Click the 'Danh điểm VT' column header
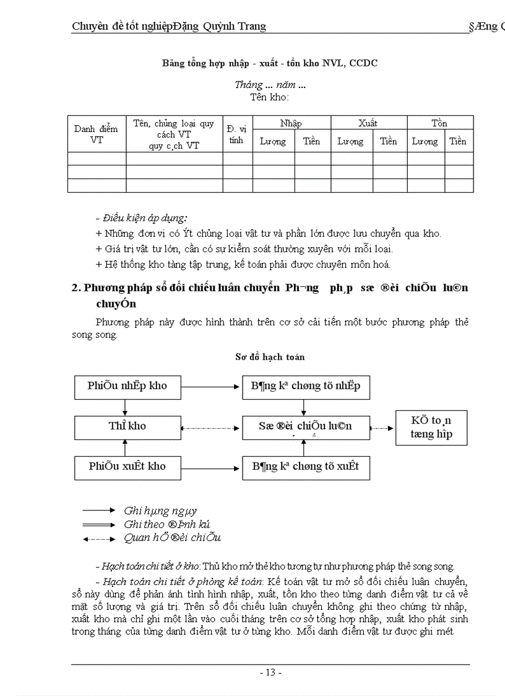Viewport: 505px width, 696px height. click(96, 134)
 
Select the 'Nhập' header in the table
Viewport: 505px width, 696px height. click(291, 123)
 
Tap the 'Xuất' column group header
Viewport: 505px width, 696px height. click(368, 123)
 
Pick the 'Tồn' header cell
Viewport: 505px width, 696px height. click(439, 123)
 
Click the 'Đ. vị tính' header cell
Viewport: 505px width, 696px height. click(236, 134)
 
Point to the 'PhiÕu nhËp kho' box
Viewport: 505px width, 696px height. click(127, 386)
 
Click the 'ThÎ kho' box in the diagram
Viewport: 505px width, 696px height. click(127, 426)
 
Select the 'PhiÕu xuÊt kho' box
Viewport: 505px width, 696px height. click(127, 467)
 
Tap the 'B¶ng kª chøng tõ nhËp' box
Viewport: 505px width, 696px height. click(305, 386)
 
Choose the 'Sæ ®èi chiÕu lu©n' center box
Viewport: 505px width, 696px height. click(305, 426)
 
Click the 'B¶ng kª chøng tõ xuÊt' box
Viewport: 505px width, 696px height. click(305, 467)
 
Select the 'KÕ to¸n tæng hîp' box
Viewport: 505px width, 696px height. click(431, 428)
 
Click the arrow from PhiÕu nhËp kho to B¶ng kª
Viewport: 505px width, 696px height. click(211, 386)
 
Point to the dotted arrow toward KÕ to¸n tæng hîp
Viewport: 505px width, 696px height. click(382, 428)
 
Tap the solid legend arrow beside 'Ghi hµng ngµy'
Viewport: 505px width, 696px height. click(99, 510)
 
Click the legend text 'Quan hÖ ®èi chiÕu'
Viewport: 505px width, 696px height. click(172, 538)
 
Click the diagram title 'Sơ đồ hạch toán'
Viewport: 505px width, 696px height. click(270, 357)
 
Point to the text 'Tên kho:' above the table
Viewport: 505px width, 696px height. click(270, 97)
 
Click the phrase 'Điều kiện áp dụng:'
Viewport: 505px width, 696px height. click(142, 218)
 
